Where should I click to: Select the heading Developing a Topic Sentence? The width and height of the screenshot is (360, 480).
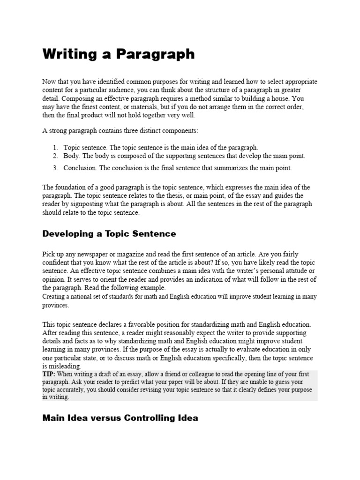click(x=109, y=233)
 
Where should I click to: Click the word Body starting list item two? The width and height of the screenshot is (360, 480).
click(x=71, y=156)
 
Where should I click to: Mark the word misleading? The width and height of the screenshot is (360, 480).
click(x=65, y=366)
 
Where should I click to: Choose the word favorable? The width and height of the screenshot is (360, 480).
click(x=131, y=324)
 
